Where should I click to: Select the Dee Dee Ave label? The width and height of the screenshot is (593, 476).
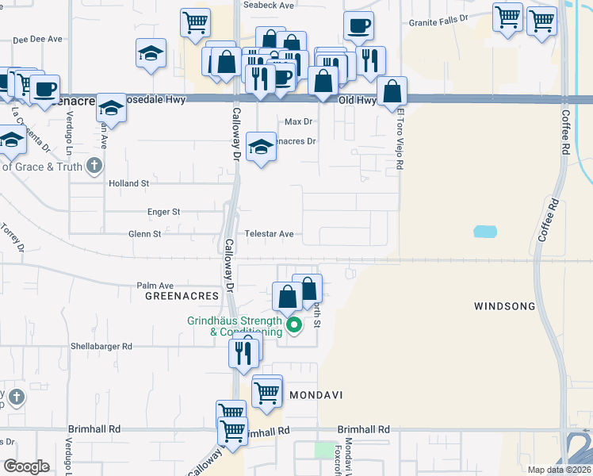[x=37, y=38]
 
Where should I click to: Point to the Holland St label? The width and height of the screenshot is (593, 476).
[x=128, y=183]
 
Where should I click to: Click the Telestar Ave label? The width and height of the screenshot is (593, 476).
[x=269, y=234]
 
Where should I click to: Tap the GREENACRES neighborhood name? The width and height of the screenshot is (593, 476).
[x=182, y=295]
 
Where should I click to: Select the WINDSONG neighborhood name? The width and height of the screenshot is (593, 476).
[x=505, y=306]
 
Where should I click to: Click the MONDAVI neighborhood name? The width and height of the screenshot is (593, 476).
[x=313, y=394]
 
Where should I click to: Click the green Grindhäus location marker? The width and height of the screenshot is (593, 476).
[x=294, y=324]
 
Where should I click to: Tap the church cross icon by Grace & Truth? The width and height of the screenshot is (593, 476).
[x=94, y=166]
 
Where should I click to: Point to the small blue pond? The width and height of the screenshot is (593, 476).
[x=484, y=232]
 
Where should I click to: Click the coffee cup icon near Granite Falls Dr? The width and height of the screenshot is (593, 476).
[x=358, y=25]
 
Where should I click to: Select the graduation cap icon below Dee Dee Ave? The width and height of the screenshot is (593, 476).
[x=151, y=52]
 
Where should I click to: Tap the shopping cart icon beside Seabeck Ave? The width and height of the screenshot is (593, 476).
[x=195, y=22]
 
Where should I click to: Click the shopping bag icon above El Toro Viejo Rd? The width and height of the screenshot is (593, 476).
[x=392, y=91]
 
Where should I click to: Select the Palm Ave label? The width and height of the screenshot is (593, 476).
[x=155, y=286]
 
